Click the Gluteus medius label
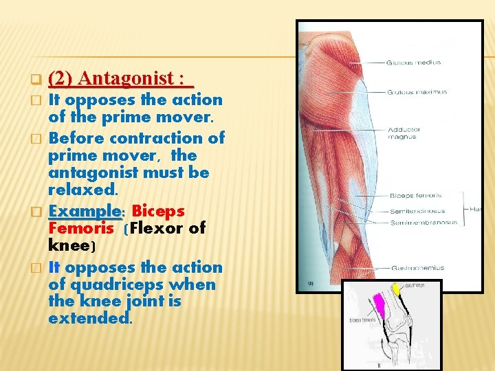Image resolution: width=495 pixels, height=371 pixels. tap(413, 63)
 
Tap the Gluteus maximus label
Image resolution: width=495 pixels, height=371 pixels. tap(416, 92)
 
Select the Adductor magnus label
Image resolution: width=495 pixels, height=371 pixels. tap(404, 133)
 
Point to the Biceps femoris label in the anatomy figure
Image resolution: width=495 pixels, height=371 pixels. tap(415, 195)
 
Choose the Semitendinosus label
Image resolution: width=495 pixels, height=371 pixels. tap(417, 211)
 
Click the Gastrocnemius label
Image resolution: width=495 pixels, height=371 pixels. tap(416, 267)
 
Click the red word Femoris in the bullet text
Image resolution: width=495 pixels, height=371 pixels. tap(81, 227)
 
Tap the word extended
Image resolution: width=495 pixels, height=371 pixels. tap(89, 319)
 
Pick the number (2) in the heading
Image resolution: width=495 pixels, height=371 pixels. tap(61, 78)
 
